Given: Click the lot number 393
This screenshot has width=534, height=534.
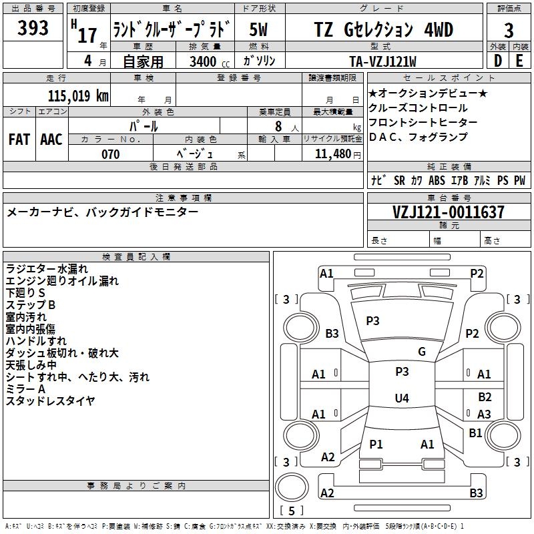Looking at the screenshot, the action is (x=33, y=29).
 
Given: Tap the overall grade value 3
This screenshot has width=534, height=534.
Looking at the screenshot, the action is (x=509, y=30).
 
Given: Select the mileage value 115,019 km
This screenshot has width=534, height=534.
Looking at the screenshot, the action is (x=78, y=95).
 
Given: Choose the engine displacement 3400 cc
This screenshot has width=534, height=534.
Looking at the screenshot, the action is (x=204, y=62).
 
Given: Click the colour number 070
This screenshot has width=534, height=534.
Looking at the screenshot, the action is (x=110, y=154).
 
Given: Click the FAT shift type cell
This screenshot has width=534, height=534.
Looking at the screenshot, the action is (x=19, y=140).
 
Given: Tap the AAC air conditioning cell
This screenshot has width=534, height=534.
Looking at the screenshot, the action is (x=51, y=140).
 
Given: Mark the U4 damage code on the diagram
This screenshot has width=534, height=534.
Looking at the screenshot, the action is (x=401, y=398).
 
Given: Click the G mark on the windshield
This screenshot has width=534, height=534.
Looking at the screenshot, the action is (x=421, y=352).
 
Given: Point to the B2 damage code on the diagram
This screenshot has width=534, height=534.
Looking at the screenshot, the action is (x=485, y=397).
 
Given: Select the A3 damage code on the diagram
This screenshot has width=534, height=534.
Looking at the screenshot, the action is (x=484, y=415).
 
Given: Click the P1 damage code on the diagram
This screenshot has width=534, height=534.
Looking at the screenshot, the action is (x=376, y=444).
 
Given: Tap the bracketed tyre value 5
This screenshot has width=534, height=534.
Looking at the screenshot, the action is (x=292, y=511).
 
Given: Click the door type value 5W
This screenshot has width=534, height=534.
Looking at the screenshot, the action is (x=259, y=29).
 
